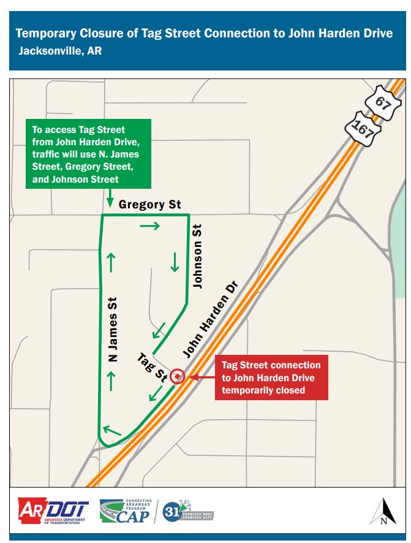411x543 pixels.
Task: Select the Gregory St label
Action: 149,204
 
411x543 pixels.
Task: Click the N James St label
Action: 113,329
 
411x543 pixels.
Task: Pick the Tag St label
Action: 152,368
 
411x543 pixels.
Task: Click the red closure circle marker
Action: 177,376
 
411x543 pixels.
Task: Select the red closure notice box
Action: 271,378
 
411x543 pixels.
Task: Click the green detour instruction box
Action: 88,154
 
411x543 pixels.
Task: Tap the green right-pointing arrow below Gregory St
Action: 149,226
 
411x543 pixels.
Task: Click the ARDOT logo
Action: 54,511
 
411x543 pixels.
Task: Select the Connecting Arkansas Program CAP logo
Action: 126,511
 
